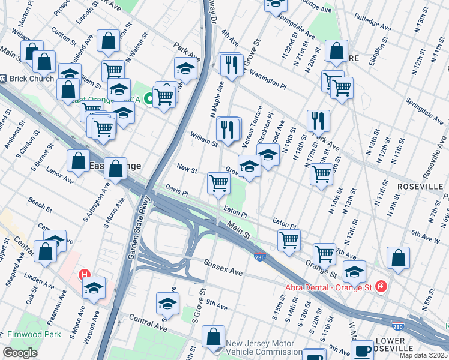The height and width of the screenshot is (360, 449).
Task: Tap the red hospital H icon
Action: tap(85, 275)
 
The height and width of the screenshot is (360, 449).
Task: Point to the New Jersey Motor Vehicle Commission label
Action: tap(264, 347)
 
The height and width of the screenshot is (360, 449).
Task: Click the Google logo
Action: tap(20, 353)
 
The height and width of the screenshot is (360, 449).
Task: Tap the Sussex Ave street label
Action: tap(223, 268)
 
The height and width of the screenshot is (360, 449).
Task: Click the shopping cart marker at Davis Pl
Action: tap(218, 184)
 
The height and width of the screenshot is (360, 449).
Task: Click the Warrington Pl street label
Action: tap(267, 76)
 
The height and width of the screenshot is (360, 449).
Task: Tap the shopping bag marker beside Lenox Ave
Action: tap(78, 161)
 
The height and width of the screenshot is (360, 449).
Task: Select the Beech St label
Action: tap(40, 205)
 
